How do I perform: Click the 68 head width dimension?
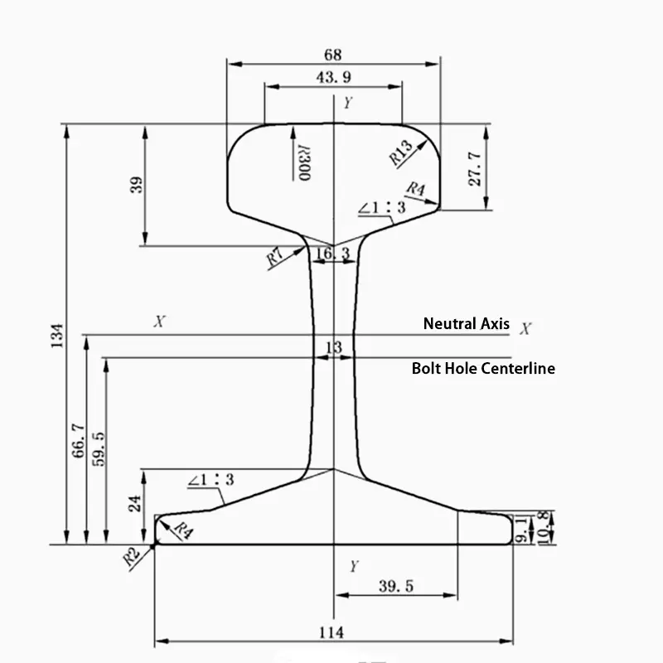[x=332, y=55]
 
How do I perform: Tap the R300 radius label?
[x=304, y=162]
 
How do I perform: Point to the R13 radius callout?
[x=400, y=152]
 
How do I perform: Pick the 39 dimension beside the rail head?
[x=137, y=184]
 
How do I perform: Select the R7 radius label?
[x=276, y=257]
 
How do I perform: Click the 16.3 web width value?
[x=333, y=253]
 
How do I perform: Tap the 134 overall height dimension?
[x=56, y=335]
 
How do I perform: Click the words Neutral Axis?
[x=466, y=324]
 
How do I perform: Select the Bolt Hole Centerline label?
[x=483, y=369]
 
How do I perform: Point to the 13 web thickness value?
[x=333, y=348]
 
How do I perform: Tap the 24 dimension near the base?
[x=137, y=501]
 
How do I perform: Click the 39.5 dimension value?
[x=395, y=587]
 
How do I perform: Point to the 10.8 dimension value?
[x=542, y=527]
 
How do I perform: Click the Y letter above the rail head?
[x=348, y=103]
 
